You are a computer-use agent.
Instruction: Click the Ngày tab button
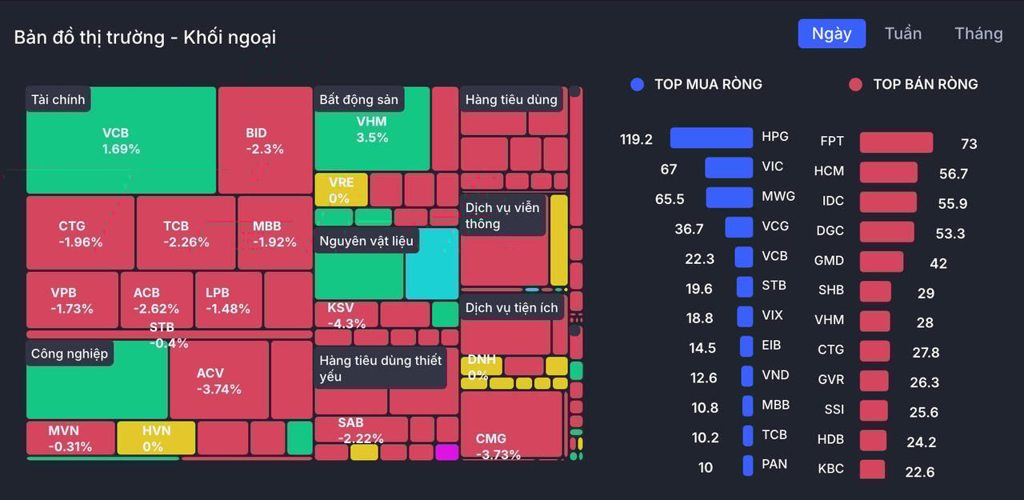pyautogui.click(x=831, y=34)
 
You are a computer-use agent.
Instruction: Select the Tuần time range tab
pyautogui.click(x=902, y=34)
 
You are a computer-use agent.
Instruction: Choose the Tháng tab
pyautogui.click(x=978, y=34)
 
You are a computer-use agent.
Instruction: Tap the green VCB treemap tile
pyautogui.click(x=121, y=141)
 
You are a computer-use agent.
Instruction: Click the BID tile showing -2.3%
pyautogui.click(x=265, y=141)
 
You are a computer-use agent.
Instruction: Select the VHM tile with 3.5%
pyautogui.click(x=372, y=130)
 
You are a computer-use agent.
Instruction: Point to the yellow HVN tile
pyautogui.click(x=156, y=438)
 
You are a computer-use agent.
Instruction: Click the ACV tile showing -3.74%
pyautogui.click(x=219, y=381)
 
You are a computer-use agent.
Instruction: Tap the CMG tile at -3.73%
pyautogui.click(x=510, y=424)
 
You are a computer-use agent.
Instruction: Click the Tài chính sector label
pyautogui.click(x=58, y=99)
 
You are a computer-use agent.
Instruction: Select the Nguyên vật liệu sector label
pyautogui.click(x=366, y=240)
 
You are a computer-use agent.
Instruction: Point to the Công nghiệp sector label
pyautogui.click(x=70, y=353)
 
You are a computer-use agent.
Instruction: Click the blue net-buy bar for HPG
pyautogui.click(x=711, y=138)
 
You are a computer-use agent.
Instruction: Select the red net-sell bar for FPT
pyautogui.click(x=896, y=142)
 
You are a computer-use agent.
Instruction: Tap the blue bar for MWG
pyautogui.click(x=729, y=197)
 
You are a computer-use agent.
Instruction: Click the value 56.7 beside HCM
pyautogui.click(x=954, y=174)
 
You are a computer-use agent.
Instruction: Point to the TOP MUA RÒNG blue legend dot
pyautogui.click(x=637, y=84)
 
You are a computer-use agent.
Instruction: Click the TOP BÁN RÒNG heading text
pyautogui.click(x=925, y=84)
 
